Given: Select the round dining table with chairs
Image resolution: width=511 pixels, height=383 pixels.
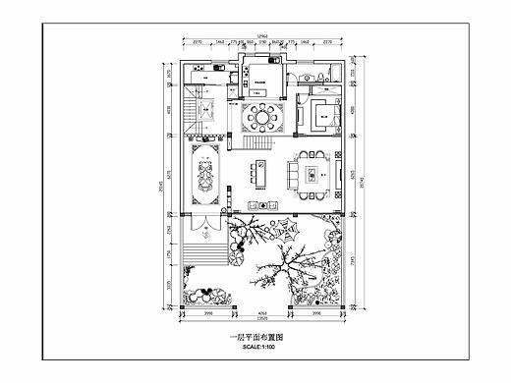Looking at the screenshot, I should (261, 117).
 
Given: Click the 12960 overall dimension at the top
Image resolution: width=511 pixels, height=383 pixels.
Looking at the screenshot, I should (261, 37).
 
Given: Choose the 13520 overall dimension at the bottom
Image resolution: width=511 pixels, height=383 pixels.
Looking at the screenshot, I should (261, 321).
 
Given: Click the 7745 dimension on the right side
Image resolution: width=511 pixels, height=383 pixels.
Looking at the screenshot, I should (354, 262).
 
